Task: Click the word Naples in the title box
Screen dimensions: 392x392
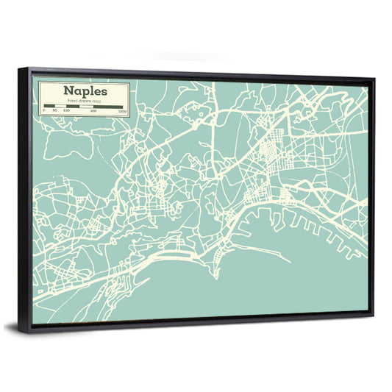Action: (85, 91)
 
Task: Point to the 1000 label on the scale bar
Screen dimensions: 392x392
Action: (122, 111)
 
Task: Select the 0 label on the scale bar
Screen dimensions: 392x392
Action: (44, 110)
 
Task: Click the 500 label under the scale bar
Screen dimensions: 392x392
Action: (93, 111)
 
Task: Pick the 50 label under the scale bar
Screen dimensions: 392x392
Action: (54, 110)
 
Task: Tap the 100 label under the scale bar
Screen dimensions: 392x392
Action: (66, 110)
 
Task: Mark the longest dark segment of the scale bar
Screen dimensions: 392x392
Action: (109, 107)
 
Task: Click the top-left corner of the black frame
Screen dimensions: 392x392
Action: (20, 68)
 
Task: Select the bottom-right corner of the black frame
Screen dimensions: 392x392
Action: (373, 315)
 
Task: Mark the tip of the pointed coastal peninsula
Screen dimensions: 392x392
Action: (215, 278)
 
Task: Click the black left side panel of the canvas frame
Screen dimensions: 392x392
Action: (25, 199)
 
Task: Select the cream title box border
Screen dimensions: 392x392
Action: (38, 99)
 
